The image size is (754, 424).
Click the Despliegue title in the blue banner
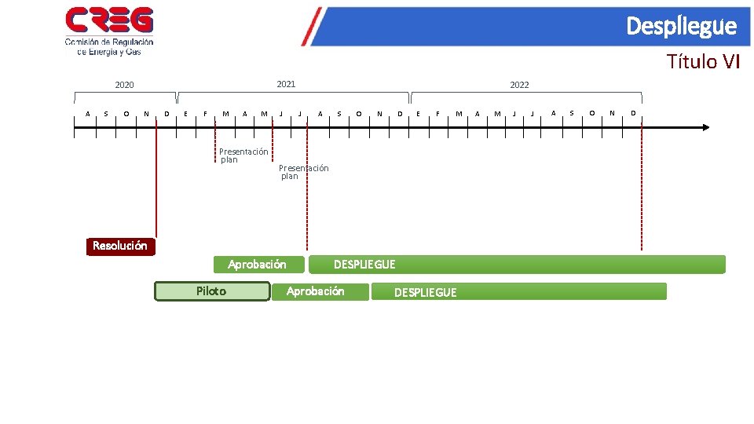[681, 27]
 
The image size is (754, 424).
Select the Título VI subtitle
[703, 61]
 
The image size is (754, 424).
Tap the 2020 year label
[124, 85]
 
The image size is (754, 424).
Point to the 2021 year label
[286, 83]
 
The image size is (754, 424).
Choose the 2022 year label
[519, 85]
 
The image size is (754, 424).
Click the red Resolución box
[120, 246]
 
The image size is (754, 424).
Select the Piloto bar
[211, 291]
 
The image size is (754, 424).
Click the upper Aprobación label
[257, 265]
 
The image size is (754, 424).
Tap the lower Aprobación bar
[316, 291]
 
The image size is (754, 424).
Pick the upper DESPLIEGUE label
[364, 265]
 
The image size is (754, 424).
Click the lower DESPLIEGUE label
[425, 292]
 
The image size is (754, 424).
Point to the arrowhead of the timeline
[705, 126]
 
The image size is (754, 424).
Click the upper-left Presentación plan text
[243, 155]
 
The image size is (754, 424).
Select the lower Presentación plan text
[303, 172]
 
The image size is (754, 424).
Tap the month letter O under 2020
[126, 113]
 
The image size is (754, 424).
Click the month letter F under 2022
[437, 113]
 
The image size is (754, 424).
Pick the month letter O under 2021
[359, 113]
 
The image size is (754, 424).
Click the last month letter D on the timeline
[632, 113]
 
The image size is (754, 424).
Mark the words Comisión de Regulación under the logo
[109, 42]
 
